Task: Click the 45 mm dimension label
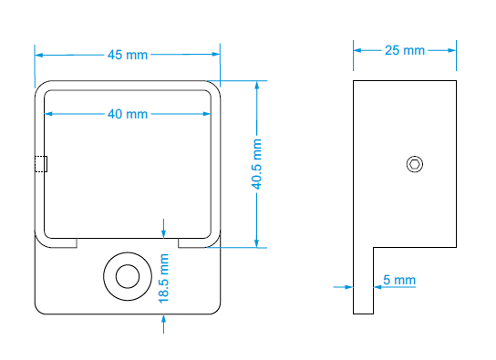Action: click(128, 55)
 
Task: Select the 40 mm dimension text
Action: click(128, 114)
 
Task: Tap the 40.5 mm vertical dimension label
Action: click(256, 164)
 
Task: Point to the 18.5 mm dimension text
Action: click(163, 279)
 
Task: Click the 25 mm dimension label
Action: click(405, 50)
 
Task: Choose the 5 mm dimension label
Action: click(399, 280)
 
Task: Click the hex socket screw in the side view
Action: click(414, 164)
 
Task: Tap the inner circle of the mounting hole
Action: click(128, 276)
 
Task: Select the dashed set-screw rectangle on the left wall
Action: click(41, 164)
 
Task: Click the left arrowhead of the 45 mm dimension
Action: click(38, 55)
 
